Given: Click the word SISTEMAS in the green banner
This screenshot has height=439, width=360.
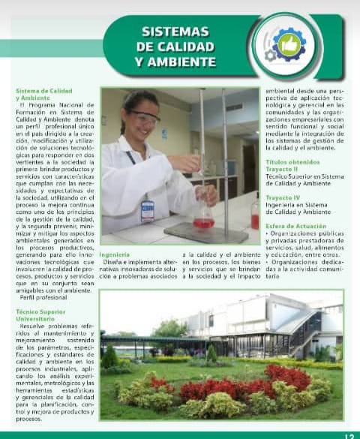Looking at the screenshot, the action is tap(175, 32).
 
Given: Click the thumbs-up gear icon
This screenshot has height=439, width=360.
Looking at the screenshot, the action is tap(288, 45).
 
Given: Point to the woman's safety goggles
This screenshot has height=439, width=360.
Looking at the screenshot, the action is tap(144, 117).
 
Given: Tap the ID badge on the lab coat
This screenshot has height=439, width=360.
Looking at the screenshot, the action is tap(147, 209).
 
